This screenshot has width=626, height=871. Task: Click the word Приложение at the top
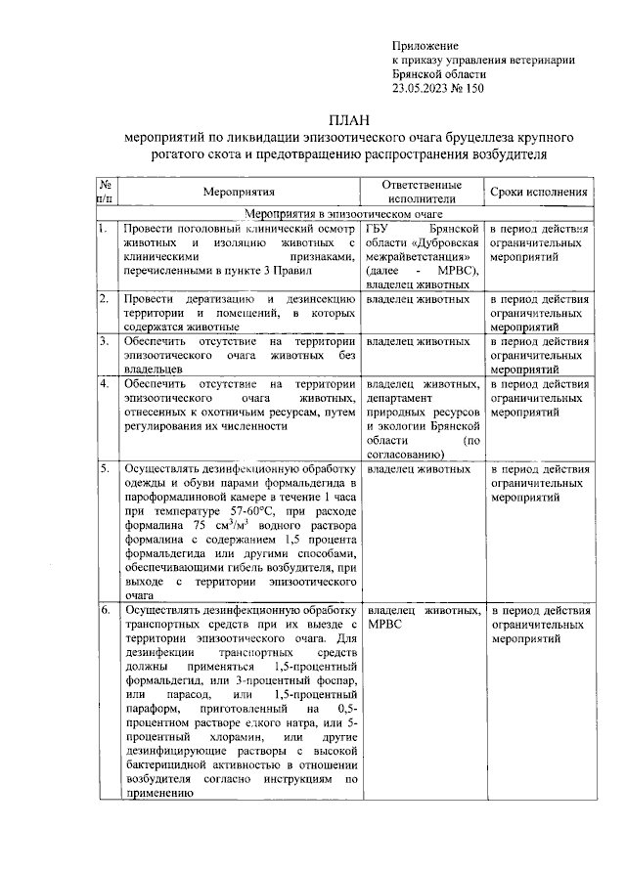(425, 46)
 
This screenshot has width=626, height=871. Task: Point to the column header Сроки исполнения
(539, 193)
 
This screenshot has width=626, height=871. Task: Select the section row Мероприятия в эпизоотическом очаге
(343, 213)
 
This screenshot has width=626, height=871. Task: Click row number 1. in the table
(102, 228)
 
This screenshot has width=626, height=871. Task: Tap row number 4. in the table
(103, 385)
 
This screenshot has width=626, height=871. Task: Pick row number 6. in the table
(103, 610)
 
